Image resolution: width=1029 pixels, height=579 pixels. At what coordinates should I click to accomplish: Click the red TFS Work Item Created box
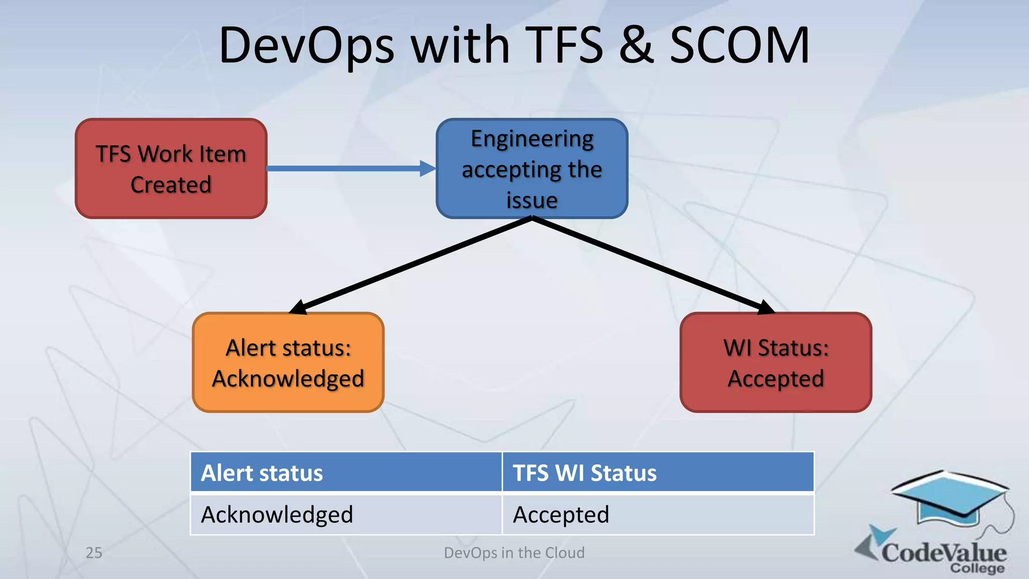[171, 168]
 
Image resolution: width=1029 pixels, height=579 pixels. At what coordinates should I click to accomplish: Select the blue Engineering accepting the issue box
[532, 168]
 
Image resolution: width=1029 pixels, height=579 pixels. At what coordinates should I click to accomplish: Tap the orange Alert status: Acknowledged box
[288, 362]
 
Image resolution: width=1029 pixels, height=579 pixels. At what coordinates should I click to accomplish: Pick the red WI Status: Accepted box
[776, 362]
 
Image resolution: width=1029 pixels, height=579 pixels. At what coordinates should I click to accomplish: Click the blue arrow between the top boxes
[347, 168]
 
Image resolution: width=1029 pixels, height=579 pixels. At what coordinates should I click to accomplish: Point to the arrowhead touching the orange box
[299, 307]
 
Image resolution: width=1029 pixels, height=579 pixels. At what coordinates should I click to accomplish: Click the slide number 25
[94, 553]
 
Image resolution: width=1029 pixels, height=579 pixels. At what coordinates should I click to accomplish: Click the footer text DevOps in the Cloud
[514, 553]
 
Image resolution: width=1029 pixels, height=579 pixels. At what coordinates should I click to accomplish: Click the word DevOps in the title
[306, 45]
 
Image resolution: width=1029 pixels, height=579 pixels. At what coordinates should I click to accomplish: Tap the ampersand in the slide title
[636, 45]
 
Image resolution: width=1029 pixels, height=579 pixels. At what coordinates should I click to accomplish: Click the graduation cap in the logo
[950, 498]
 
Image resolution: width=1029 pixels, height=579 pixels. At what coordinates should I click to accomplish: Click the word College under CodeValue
[977, 568]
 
